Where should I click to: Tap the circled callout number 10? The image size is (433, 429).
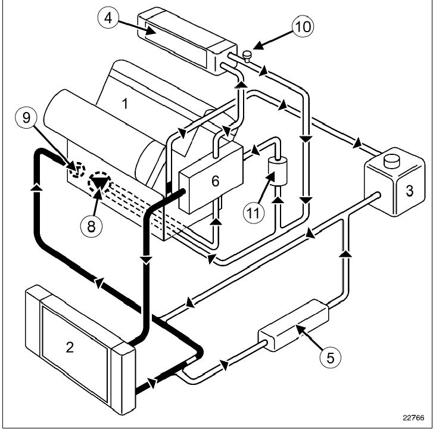click(302, 26)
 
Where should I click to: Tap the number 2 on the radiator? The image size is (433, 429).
click(70, 346)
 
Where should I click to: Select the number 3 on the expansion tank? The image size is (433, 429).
click(409, 191)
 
